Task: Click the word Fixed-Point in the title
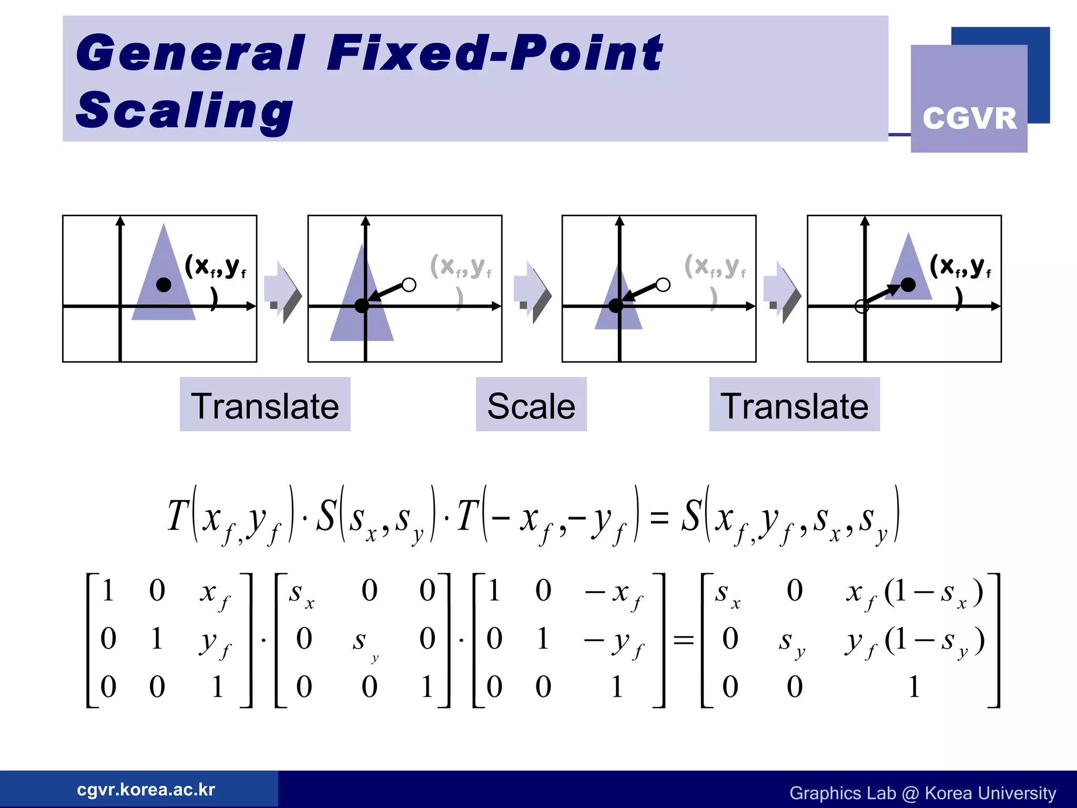click(494, 53)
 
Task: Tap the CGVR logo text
click(969, 118)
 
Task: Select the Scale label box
click(531, 405)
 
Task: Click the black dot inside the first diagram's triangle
click(164, 285)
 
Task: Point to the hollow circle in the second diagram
click(409, 285)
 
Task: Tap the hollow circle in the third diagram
click(663, 285)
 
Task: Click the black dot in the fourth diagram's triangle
click(908, 285)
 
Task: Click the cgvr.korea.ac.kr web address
click(146, 790)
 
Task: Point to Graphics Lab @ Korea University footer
click(922, 793)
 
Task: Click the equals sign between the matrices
click(684, 640)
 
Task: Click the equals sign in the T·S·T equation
click(659, 517)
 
